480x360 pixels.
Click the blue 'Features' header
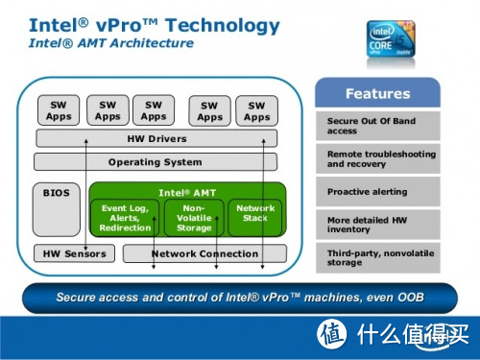point(377,94)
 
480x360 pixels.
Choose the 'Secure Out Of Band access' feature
point(377,124)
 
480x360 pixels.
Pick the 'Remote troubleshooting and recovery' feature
point(377,158)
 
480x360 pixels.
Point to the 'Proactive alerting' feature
point(377,192)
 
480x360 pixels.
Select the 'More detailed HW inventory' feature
point(377,226)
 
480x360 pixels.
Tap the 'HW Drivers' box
point(156,138)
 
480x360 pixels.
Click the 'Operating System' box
point(156,162)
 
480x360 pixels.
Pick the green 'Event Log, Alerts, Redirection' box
point(125,218)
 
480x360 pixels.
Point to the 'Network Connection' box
point(204,253)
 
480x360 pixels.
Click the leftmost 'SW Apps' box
point(59,110)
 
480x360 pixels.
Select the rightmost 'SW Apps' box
point(256,110)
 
